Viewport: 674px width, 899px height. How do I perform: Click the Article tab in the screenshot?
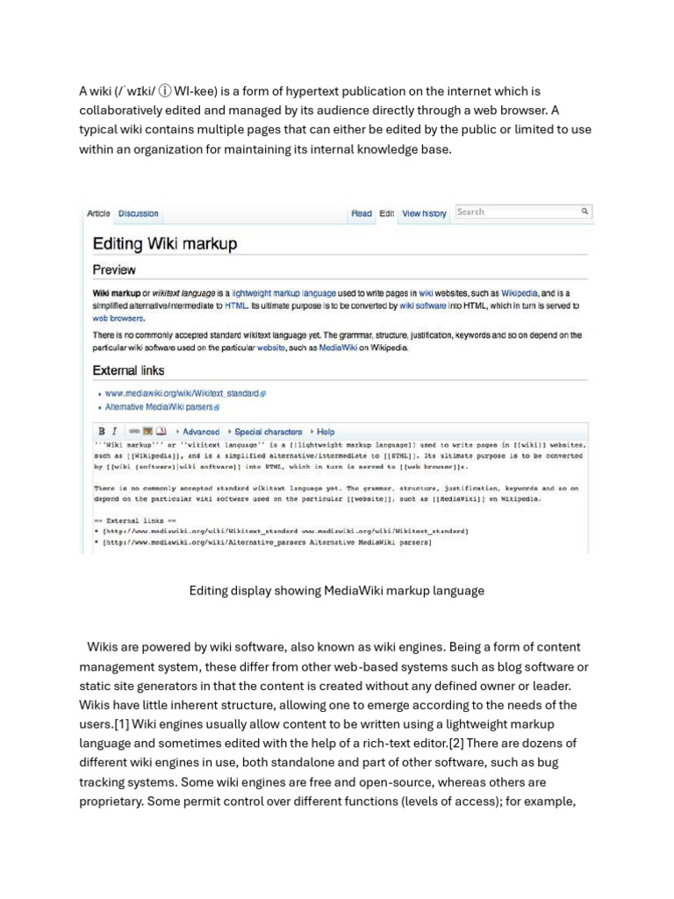(98, 213)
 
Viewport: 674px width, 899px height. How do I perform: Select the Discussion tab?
(139, 213)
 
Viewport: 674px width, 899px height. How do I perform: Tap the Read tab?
(362, 213)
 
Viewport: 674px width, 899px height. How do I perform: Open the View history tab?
(424, 213)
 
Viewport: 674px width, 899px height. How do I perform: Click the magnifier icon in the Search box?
(584, 212)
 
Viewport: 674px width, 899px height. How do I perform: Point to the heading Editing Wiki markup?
(165, 243)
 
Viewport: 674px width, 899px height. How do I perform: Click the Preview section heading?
(114, 270)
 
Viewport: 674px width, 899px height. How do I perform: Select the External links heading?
(128, 370)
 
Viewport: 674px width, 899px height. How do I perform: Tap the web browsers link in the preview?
(118, 319)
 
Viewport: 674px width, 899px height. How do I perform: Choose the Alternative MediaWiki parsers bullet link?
(160, 407)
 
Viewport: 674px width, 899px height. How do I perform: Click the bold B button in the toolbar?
(102, 432)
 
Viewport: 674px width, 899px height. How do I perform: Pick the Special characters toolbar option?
(268, 432)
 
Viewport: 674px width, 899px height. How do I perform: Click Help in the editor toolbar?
(326, 432)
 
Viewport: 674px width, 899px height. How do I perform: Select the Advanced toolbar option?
(200, 432)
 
